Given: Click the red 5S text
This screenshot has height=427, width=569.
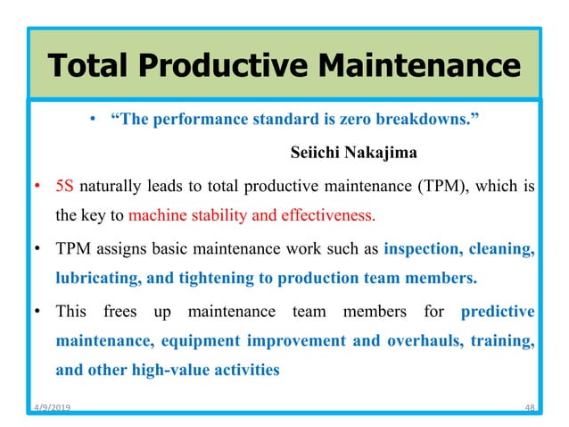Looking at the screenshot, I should [64, 187].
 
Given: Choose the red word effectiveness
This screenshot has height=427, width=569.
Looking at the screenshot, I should [327, 215].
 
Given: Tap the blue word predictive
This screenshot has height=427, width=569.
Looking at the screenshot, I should [498, 313].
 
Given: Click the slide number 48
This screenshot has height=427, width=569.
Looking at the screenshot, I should [529, 407].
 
